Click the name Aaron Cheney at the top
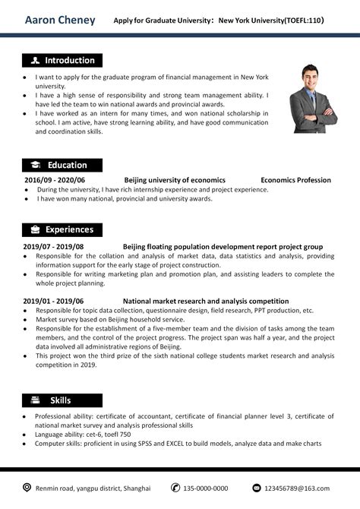tap(60, 20)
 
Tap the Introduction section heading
tap(69, 61)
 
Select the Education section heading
tap(67, 165)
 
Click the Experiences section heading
tap(69, 229)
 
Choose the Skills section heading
tap(61, 400)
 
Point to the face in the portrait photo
tap(312, 77)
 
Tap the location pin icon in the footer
tap(27, 487)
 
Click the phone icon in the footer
tap(175, 487)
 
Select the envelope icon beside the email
tap(257, 487)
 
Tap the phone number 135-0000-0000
tap(205, 488)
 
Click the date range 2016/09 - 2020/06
tap(55, 180)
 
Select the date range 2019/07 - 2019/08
tap(53, 247)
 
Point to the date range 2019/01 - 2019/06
tap(53, 301)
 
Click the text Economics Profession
tap(295, 180)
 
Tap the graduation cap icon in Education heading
tap(36, 165)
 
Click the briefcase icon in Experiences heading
tap(36, 229)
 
